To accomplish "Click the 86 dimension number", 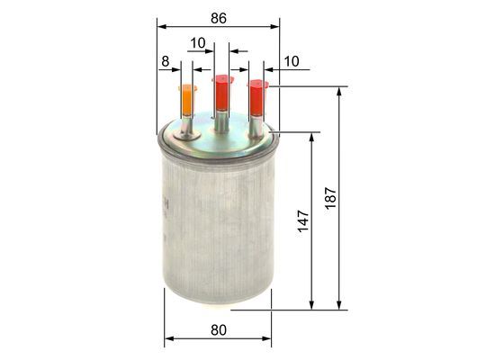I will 217,16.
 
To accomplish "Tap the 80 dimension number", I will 217,330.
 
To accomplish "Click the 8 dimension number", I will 165,61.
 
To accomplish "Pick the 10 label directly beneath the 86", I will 198,41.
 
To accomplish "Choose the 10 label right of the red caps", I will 291,61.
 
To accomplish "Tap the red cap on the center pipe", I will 221,93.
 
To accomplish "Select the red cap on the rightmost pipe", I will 257,97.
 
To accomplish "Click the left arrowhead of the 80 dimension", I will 167,340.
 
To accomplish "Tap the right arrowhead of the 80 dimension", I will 268,340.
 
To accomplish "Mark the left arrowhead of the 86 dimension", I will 160,27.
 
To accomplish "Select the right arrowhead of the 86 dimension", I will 275,27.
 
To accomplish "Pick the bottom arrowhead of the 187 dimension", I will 340,306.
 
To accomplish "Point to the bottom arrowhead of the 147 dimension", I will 311,306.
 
